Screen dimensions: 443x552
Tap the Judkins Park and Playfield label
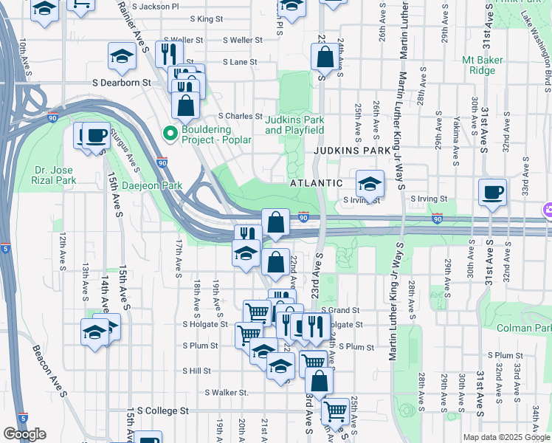(294, 125)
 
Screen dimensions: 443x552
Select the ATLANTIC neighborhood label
(316, 182)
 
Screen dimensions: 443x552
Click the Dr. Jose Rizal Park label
(55, 174)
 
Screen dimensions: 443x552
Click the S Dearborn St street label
(121, 83)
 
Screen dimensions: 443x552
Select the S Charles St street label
(240, 116)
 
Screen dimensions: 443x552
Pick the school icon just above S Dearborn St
(123, 56)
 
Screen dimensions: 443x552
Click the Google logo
(24, 434)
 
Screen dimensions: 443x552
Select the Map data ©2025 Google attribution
(506, 437)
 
